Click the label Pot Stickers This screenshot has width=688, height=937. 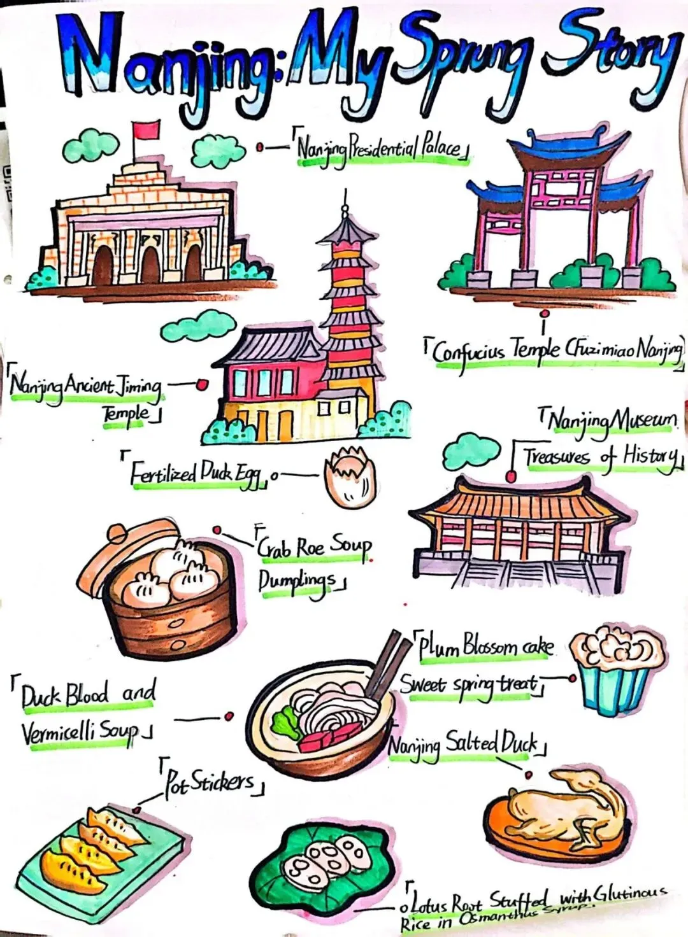pos(210,782)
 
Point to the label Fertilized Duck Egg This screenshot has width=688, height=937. pos(197,474)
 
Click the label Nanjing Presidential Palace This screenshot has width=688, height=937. pos(380,149)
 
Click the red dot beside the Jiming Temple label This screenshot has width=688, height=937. pos(203,384)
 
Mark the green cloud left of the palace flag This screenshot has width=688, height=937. pos(90,145)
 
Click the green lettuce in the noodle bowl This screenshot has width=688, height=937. pos(285,722)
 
